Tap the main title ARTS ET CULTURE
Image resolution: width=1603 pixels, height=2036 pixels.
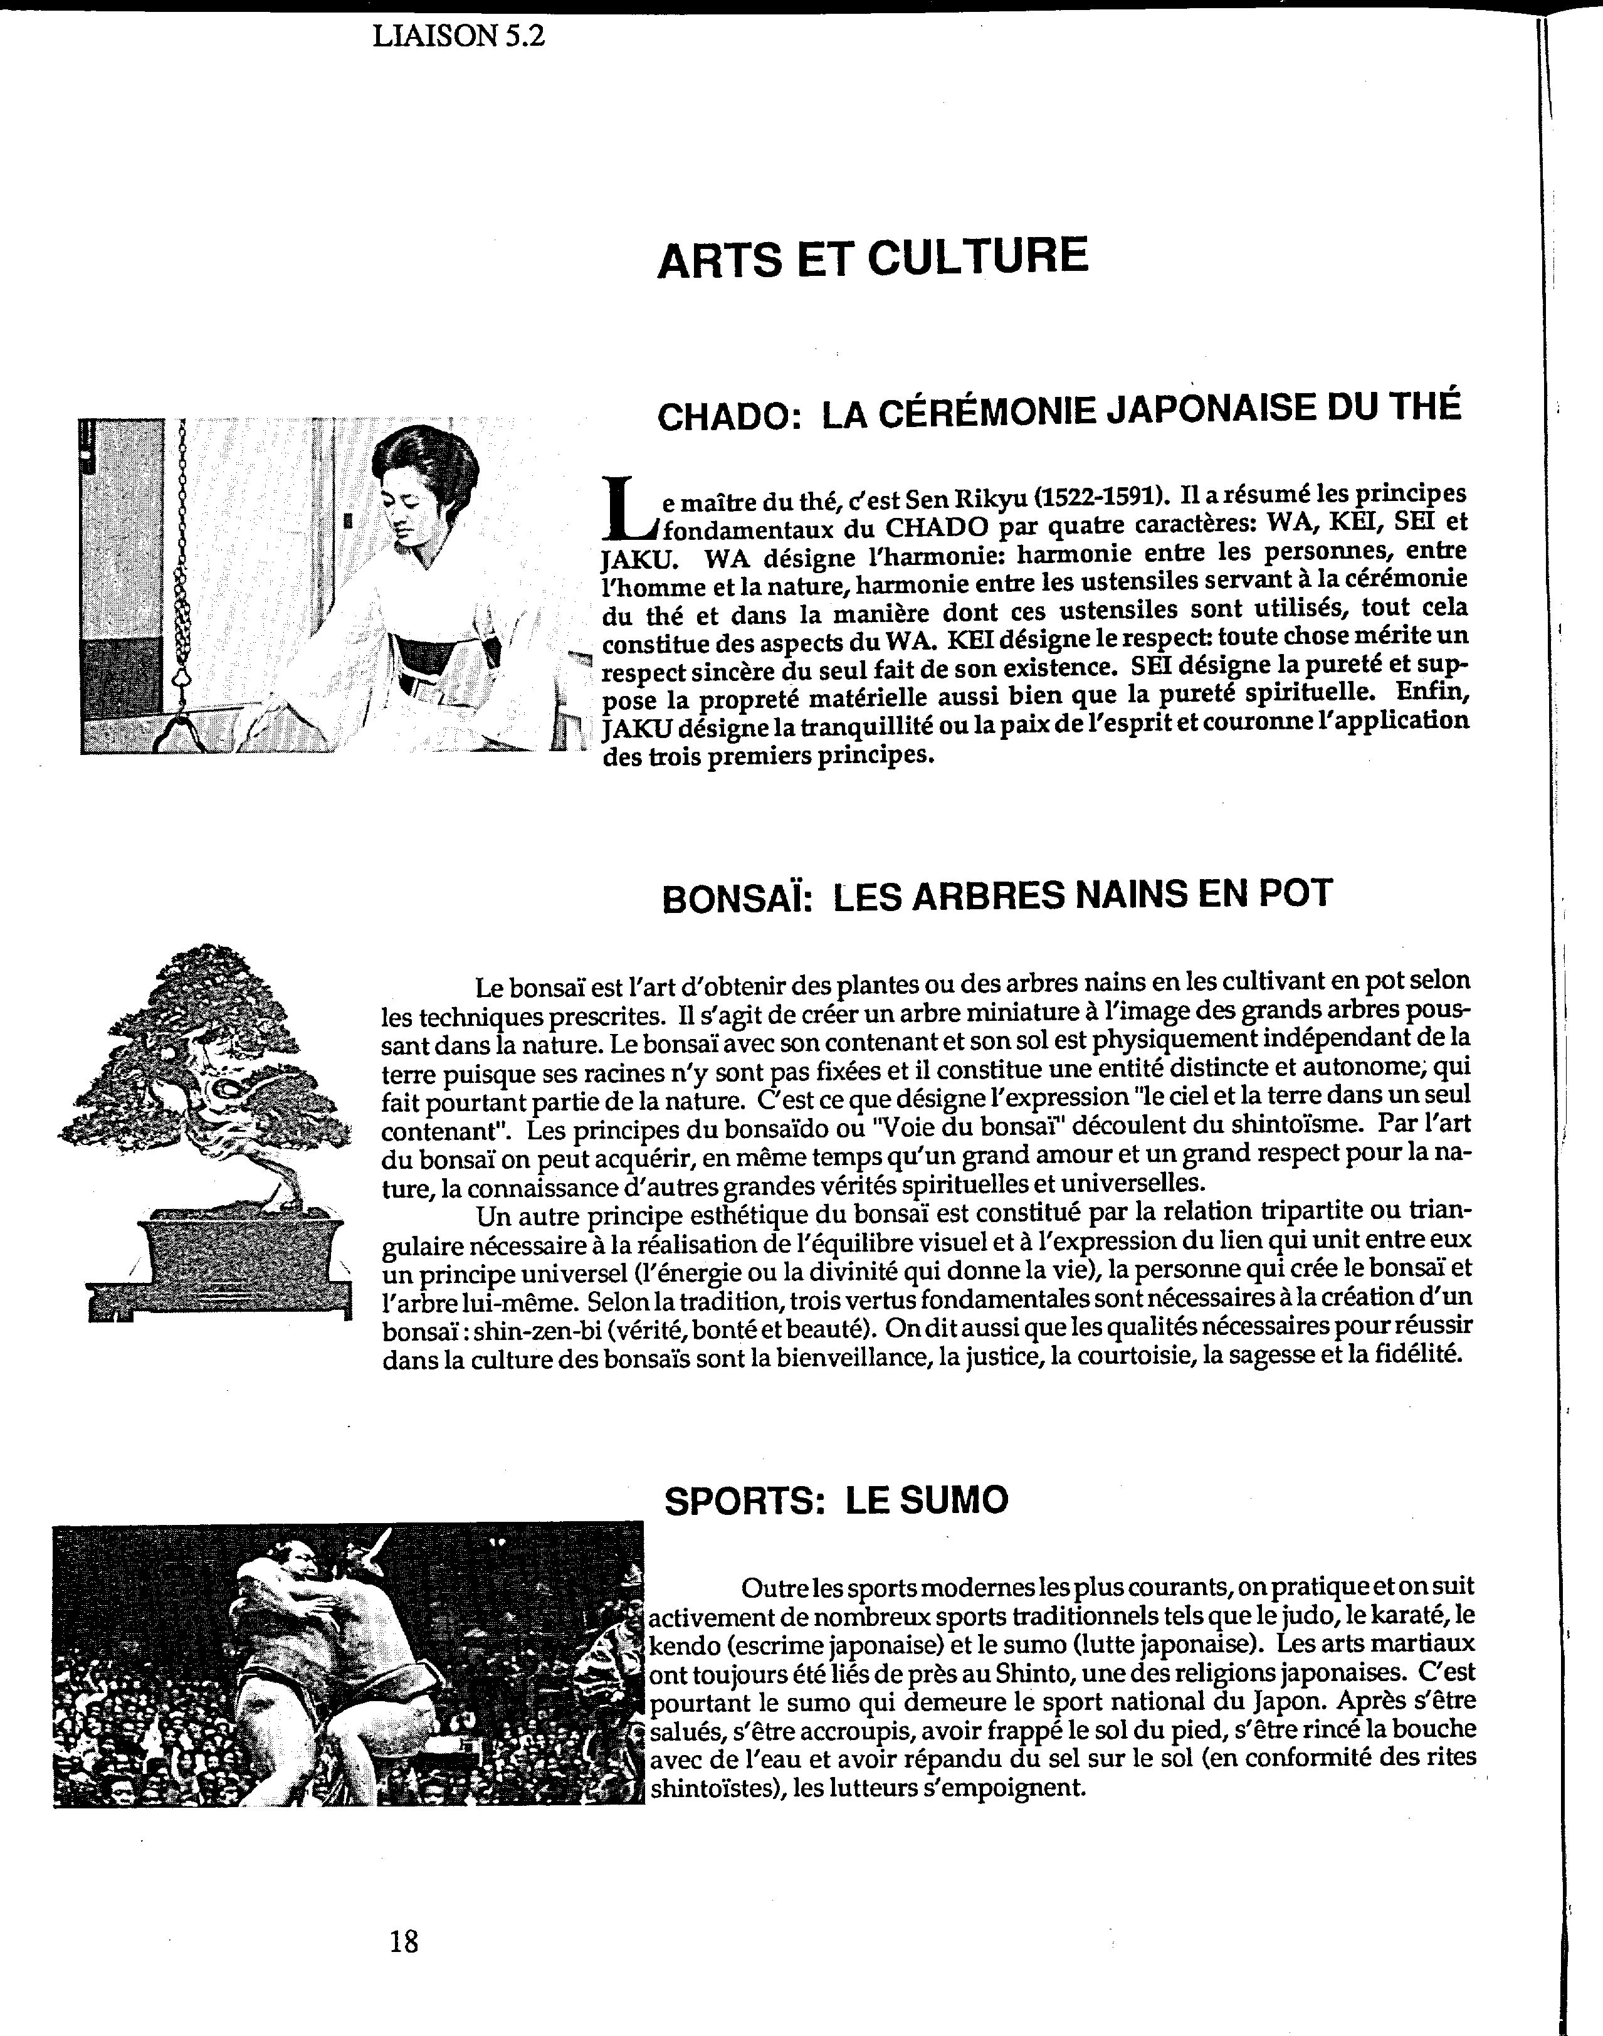tap(873, 258)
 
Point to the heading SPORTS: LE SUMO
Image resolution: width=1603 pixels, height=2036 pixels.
tap(836, 1500)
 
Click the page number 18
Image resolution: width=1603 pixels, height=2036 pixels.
tap(404, 1940)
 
